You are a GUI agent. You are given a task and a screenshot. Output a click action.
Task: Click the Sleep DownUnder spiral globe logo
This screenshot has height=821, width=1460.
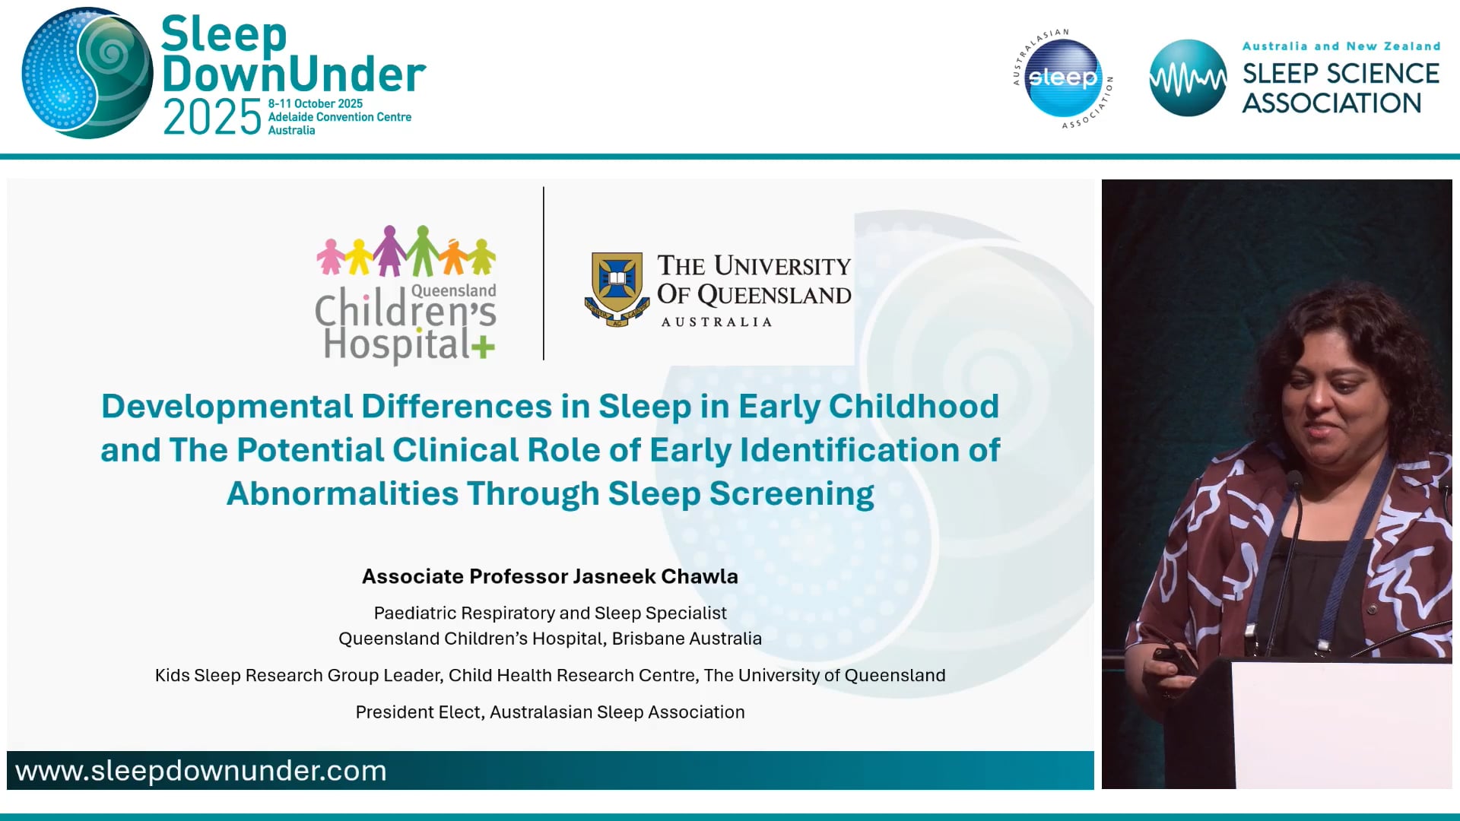[87, 74]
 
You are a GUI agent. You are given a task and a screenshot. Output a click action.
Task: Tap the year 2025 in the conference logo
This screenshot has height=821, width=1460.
[212, 118]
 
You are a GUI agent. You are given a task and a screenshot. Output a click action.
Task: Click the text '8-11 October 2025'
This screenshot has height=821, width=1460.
[315, 103]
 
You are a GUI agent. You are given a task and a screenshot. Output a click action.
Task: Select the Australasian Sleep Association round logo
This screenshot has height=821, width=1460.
[1062, 78]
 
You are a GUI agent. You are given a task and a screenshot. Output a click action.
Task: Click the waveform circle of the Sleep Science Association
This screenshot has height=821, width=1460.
[1187, 78]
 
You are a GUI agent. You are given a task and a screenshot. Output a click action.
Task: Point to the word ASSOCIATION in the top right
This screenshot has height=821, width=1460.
[1331, 103]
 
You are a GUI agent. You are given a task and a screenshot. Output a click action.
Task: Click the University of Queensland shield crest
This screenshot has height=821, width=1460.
[617, 288]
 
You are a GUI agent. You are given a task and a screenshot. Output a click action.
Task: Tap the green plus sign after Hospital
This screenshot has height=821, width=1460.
[483, 348]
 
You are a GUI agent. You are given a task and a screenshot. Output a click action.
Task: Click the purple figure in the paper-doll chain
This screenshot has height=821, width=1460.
[389, 251]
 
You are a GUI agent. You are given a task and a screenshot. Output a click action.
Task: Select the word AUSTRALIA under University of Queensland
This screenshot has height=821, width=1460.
[716, 322]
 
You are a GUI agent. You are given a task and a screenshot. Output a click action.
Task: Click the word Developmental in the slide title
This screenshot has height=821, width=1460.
[227, 406]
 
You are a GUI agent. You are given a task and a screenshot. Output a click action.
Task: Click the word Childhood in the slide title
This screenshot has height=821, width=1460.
[913, 406]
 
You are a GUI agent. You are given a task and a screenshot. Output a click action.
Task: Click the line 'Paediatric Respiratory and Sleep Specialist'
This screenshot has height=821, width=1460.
[550, 613]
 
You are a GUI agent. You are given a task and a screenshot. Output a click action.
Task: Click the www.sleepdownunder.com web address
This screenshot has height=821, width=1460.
[201, 771]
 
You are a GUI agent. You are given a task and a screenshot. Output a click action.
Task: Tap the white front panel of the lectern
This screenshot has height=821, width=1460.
[1338, 722]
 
